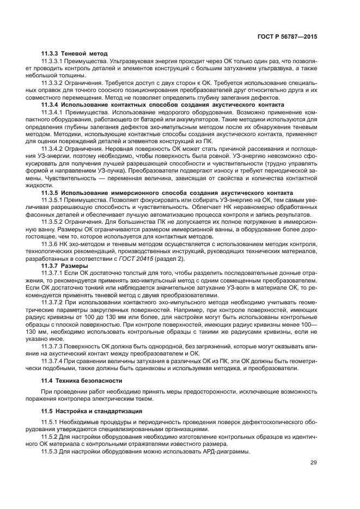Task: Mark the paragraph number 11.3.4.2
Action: pos(53,148)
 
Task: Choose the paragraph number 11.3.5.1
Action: pos(53,200)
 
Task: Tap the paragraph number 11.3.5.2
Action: pos(53,223)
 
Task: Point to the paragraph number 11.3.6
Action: pos(51,245)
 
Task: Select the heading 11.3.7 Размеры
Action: pos(65,266)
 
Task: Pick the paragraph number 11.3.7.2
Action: pos(53,301)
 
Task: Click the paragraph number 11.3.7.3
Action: pos(53,346)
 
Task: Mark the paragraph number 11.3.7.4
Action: pos(53,361)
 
